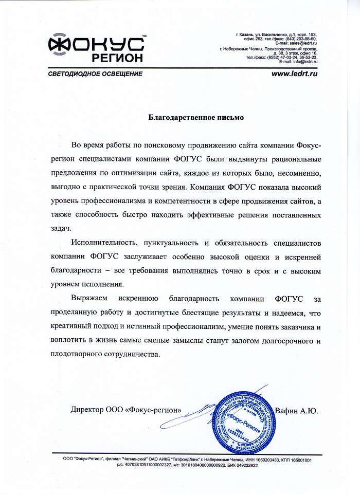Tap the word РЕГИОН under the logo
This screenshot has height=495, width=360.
pos(118,58)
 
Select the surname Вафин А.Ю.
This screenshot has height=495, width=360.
pos(297,410)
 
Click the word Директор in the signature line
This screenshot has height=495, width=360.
pos(88,410)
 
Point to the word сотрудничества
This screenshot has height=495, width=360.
pos(132,354)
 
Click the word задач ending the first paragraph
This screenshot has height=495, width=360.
pos(62,227)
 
